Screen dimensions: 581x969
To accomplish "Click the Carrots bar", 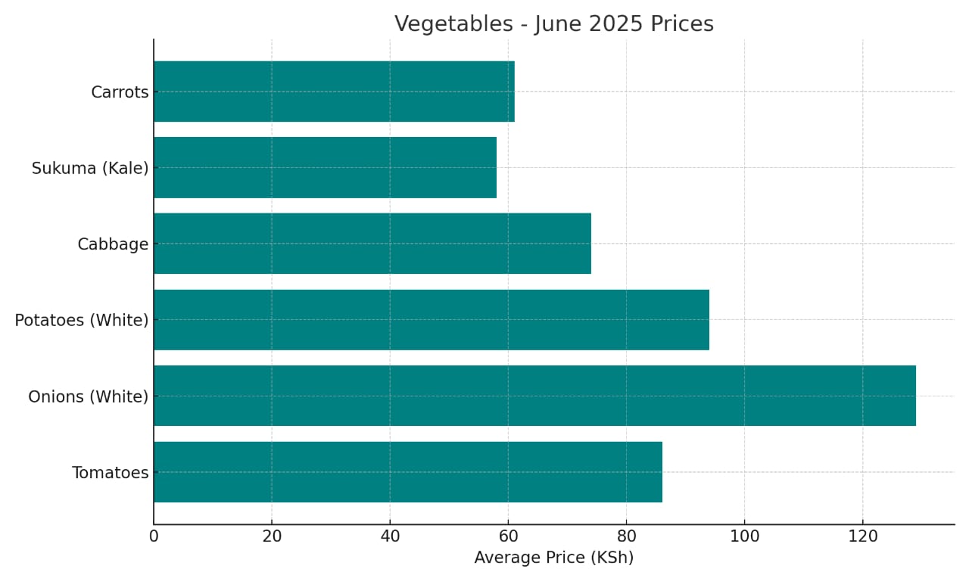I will coord(334,92).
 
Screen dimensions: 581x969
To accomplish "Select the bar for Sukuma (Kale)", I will coord(325,167).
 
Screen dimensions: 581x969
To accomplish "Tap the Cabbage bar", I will coord(372,244).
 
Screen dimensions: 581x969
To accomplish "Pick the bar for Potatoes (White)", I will coord(431,319).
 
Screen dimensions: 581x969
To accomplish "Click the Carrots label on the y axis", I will coord(120,92).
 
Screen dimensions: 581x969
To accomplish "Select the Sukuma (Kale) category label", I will coord(90,169).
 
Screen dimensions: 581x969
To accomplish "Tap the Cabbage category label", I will coord(113,244).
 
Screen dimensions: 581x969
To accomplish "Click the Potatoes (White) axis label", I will coord(82,321).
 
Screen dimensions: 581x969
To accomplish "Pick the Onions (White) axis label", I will coord(88,396).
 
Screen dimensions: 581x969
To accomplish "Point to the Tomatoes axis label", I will coord(110,473).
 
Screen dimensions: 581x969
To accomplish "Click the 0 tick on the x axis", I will coord(154,536).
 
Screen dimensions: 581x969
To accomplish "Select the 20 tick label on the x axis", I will coord(272,536).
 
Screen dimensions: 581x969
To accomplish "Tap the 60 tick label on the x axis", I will coord(508,536).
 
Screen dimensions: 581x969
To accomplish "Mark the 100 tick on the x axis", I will coord(744,536).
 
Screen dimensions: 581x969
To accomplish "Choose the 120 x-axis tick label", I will coord(862,536).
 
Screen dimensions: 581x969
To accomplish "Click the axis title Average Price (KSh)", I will coord(553,558).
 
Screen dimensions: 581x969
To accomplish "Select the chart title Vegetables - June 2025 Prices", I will coord(553,24).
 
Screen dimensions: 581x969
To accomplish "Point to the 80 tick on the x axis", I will coord(626,536).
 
